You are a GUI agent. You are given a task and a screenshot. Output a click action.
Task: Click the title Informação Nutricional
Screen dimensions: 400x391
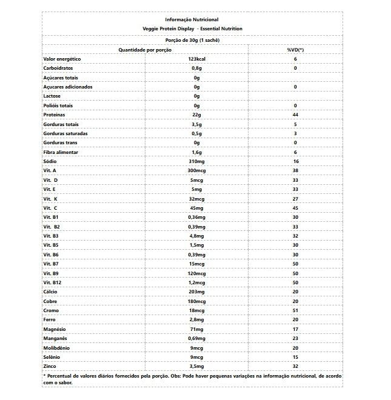pos(192,20)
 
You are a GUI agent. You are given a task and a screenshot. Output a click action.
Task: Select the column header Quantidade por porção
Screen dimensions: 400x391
pos(145,50)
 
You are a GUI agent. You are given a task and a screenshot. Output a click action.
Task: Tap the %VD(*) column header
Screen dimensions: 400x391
pos(295,50)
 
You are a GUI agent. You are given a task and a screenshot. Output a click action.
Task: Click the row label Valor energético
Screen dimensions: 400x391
pos(62,59)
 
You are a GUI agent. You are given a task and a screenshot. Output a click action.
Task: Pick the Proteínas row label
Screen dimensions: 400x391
pos(55,115)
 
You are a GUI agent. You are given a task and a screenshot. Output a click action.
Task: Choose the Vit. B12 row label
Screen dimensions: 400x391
pos(54,282)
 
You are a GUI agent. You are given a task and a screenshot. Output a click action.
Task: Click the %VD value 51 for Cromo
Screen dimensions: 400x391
pos(295,310)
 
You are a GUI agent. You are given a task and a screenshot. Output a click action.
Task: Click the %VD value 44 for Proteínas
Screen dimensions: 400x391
pos(295,115)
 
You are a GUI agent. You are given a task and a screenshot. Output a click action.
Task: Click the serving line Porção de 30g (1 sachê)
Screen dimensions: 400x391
pos(192,41)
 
